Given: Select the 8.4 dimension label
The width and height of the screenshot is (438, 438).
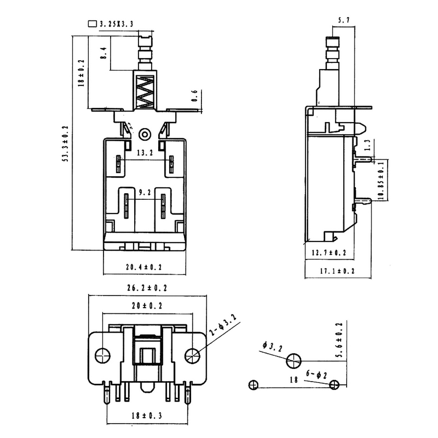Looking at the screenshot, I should [104, 53].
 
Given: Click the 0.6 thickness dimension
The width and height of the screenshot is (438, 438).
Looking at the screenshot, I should [195, 96].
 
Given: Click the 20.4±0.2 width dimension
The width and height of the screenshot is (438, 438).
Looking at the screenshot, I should [144, 267].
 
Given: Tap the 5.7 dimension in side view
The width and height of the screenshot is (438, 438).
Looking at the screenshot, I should [343, 20].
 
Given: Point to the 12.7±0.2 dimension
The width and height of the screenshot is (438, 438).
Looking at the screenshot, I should [329, 253].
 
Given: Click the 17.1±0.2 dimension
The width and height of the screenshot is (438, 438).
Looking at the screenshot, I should [337, 271].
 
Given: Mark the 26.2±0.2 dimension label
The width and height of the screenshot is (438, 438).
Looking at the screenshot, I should [147, 288].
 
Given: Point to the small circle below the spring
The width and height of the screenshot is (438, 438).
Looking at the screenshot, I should [145, 134].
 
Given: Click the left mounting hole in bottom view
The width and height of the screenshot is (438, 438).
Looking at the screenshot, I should [103, 355].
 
